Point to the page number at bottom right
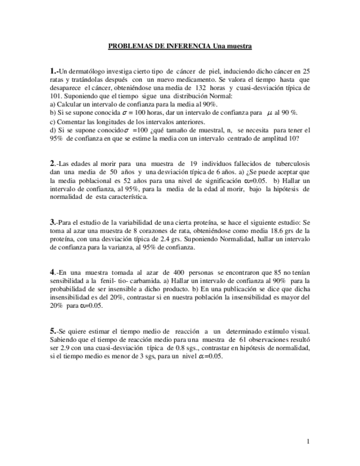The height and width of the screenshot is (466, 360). pyautogui.click(x=308, y=441)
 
